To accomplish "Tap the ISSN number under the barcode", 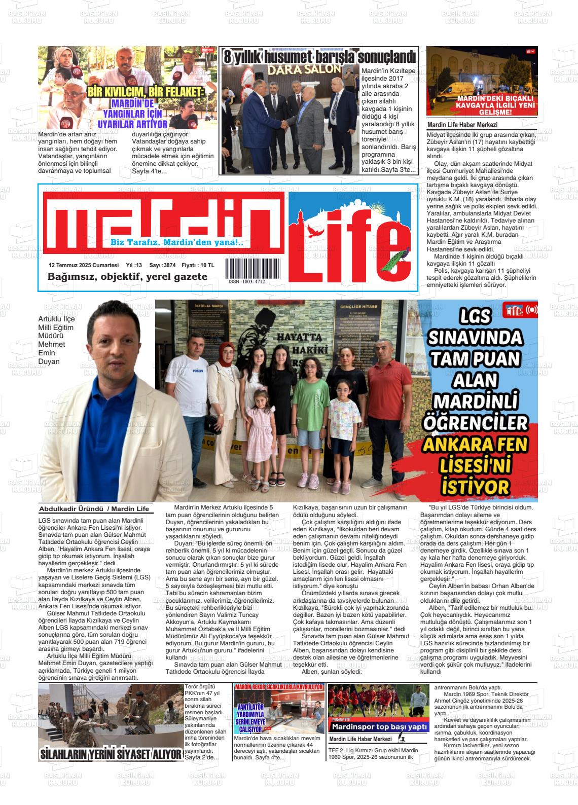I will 246,282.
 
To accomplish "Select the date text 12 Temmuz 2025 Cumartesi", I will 84,266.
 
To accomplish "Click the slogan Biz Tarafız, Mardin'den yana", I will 177,243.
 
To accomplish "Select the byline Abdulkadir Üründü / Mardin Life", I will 94,509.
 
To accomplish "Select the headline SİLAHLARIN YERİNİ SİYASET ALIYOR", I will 111,754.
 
